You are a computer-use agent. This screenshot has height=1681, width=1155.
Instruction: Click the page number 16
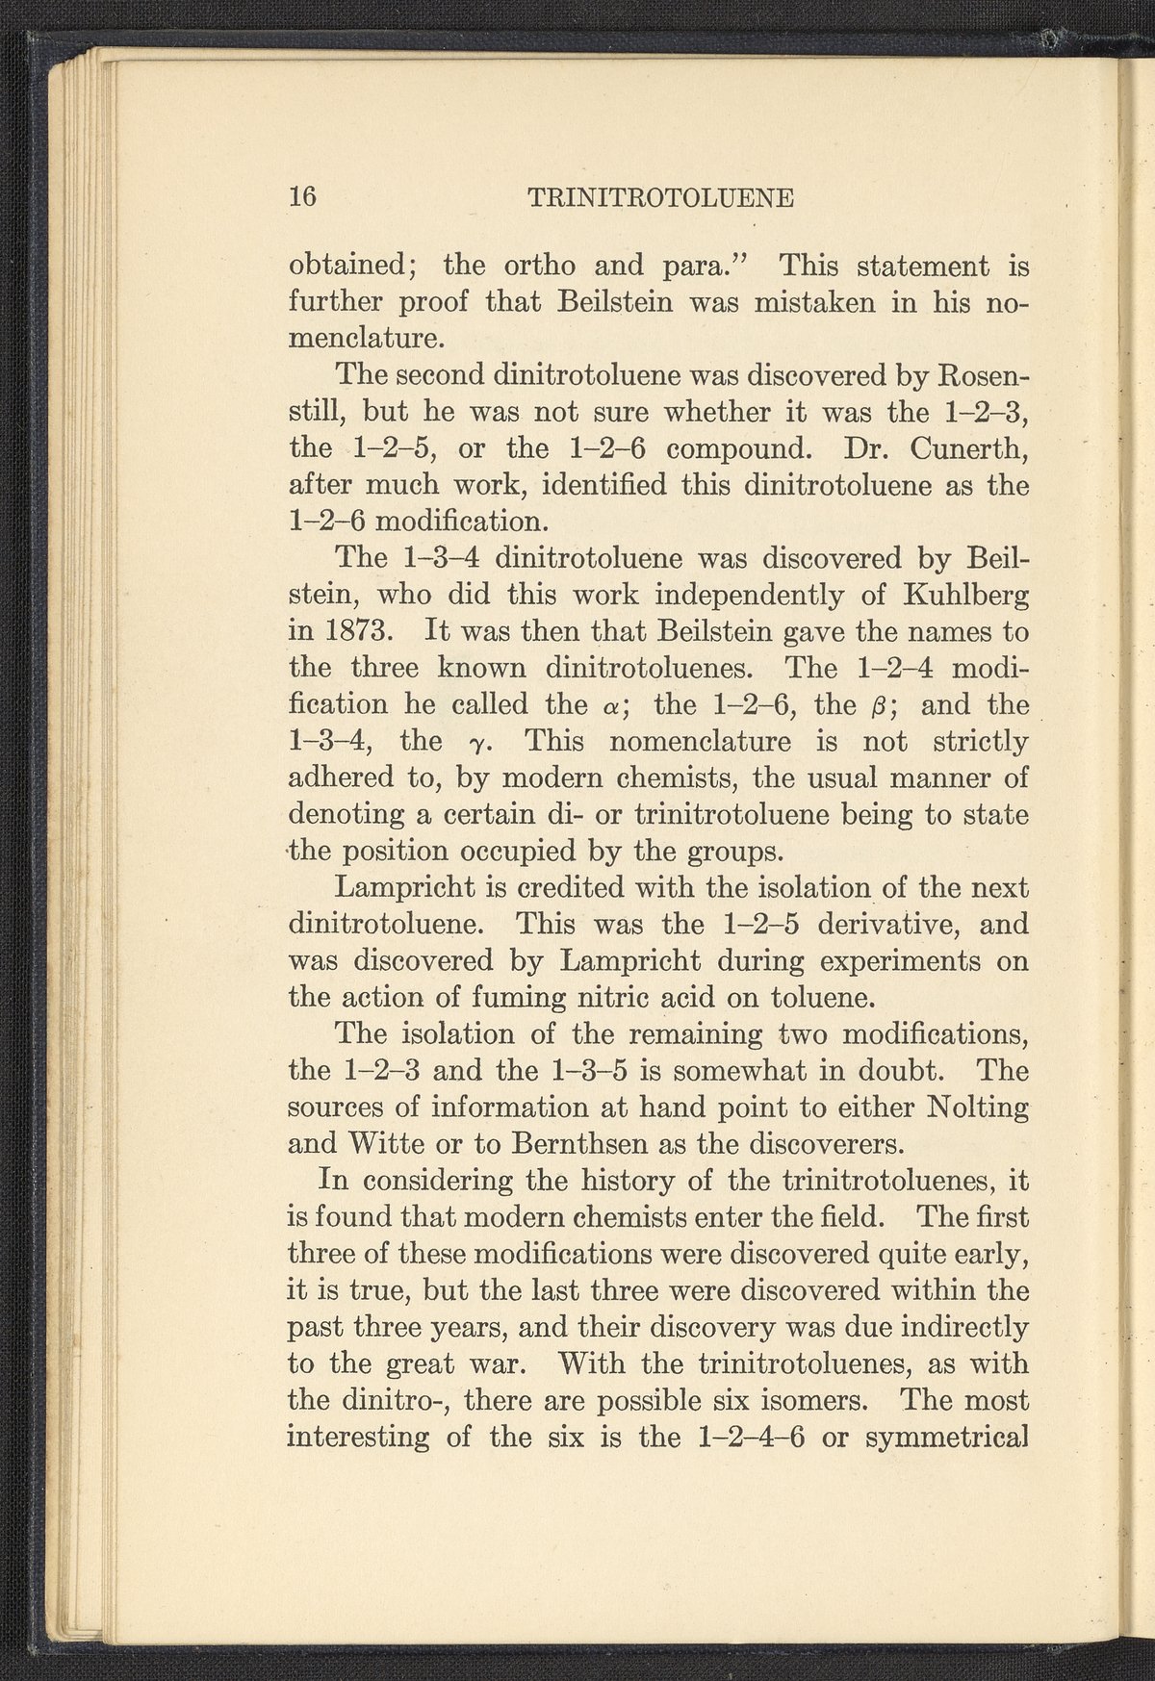pyautogui.click(x=303, y=196)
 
